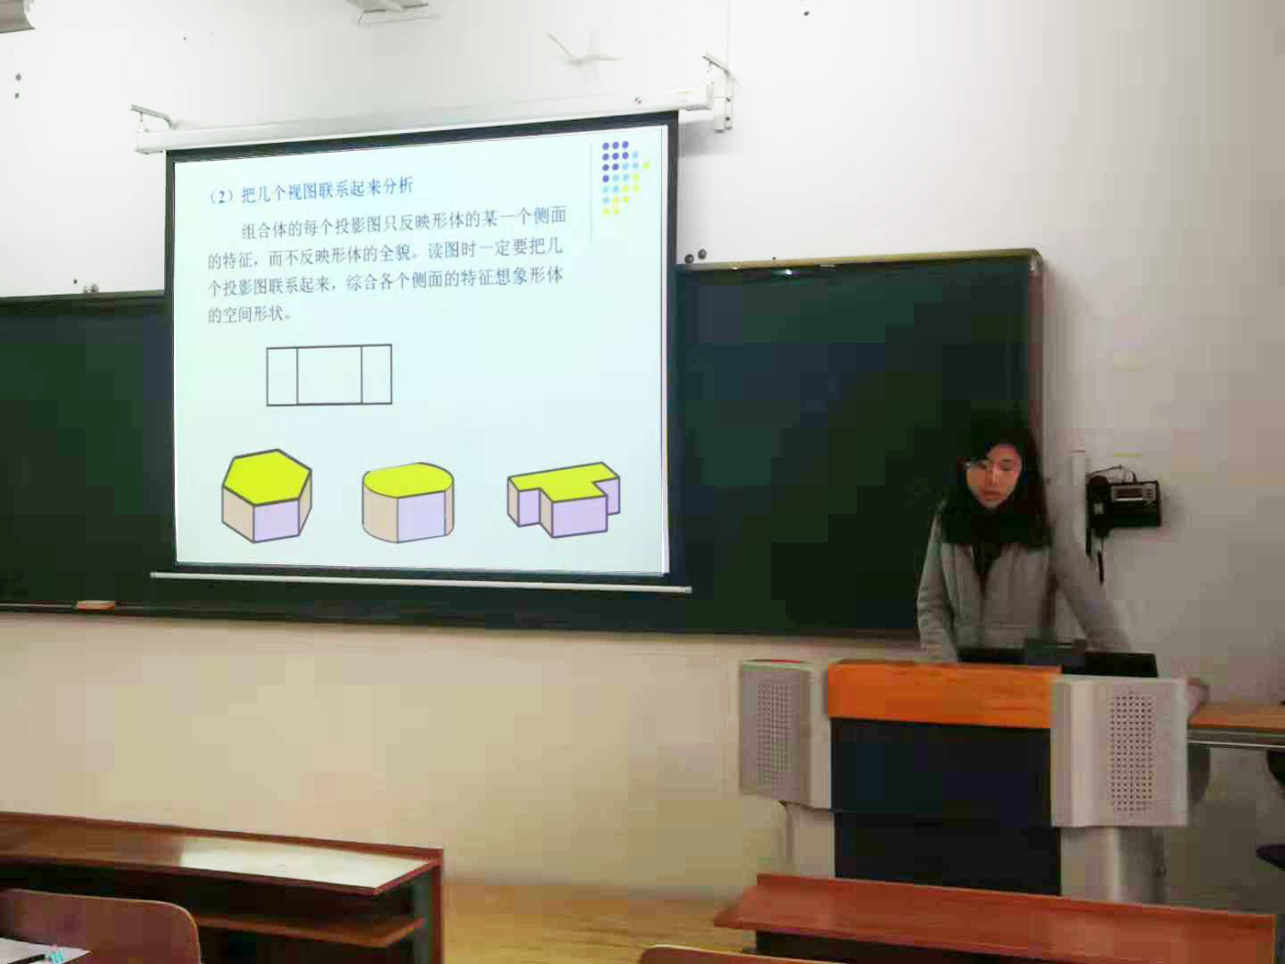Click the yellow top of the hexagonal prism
point(266,477)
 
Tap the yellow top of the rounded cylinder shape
point(408,479)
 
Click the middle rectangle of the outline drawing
point(329,375)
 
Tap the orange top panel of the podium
point(942,694)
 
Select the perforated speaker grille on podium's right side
point(1129,752)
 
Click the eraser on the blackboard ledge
point(96,604)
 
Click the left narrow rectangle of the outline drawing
point(282,375)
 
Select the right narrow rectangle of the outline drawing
point(377,375)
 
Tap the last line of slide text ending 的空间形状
point(249,314)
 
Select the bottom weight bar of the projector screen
point(420,582)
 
